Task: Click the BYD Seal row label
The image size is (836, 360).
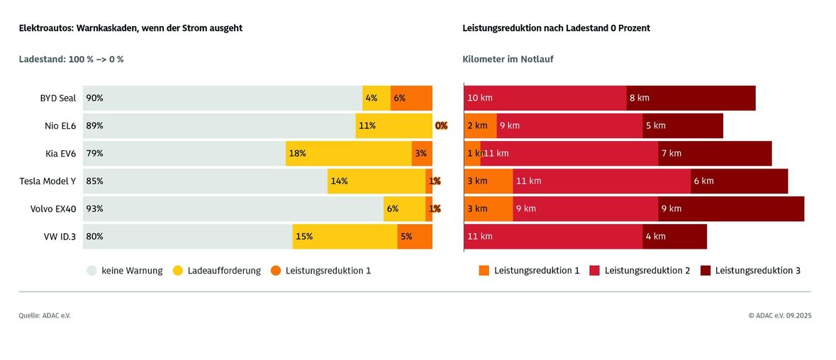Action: point(58,98)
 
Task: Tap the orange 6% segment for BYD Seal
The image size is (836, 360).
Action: point(411,98)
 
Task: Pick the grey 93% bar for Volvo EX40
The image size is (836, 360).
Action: point(233,208)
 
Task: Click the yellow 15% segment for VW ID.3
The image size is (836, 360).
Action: point(345,237)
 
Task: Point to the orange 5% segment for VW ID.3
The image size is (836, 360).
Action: point(415,237)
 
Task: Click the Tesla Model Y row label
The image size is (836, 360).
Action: point(48,181)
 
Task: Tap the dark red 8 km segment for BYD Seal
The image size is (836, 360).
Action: point(691,98)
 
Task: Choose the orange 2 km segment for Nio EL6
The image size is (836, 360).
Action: point(481,125)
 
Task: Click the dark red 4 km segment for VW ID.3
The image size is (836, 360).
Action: point(674,237)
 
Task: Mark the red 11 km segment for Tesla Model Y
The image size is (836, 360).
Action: point(601,181)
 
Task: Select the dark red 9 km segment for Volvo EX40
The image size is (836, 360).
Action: point(731,208)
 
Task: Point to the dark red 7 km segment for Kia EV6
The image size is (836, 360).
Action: point(715,153)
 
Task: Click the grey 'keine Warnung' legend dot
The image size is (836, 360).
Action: point(92,270)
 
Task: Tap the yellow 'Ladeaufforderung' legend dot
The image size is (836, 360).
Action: point(178,270)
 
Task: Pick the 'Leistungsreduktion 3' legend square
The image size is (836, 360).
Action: point(706,270)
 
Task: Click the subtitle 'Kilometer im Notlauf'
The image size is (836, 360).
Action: point(508,60)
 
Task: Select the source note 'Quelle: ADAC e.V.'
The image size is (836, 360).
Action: point(45,315)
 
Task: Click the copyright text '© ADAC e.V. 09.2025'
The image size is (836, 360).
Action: point(779,315)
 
